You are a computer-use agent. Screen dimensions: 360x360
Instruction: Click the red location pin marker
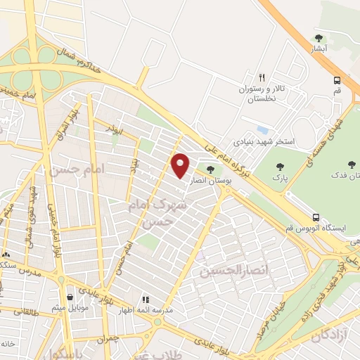(x=181, y=165)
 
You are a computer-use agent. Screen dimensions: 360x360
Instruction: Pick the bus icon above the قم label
(x=337, y=79)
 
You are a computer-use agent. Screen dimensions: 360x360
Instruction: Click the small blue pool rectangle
(x=262, y=130)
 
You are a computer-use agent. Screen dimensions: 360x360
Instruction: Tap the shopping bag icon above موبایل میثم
(x=69, y=297)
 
